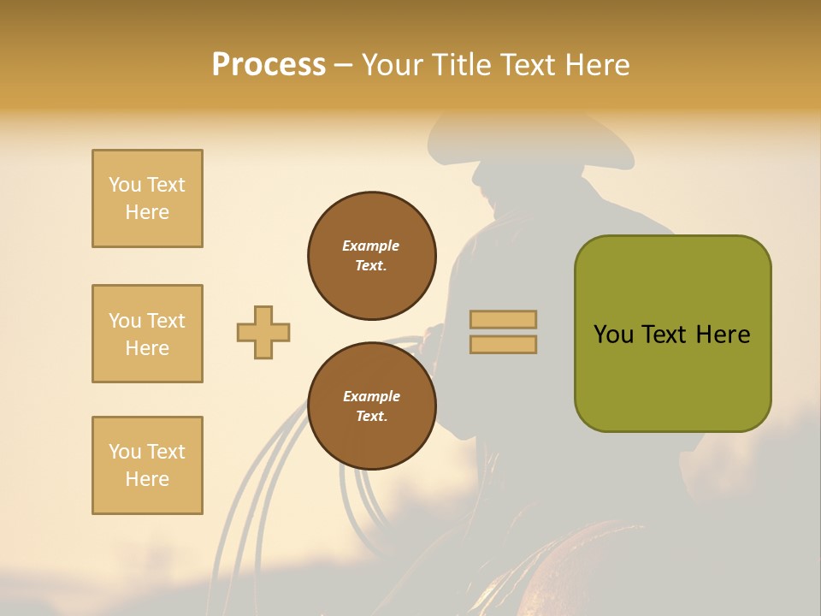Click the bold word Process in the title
click(269, 65)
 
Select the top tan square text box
click(147, 198)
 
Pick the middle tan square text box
click(147, 334)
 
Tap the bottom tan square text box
click(147, 465)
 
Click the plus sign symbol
click(263, 332)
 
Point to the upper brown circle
click(372, 256)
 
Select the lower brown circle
click(372, 406)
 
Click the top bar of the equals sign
click(504, 319)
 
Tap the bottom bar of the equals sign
click(504, 344)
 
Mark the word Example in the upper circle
click(371, 246)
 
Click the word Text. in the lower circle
click(371, 417)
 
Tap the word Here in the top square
click(147, 212)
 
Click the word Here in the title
click(596, 65)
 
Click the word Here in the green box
click(723, 335)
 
